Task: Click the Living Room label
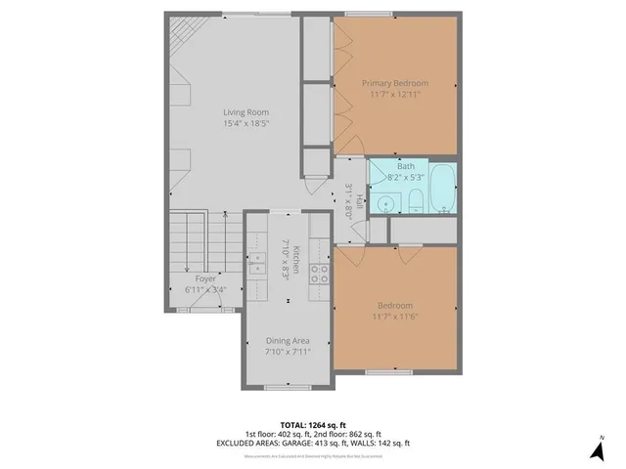(245, 111)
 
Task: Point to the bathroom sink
(387, 202)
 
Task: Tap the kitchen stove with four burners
(320, 273)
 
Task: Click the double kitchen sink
(258, 263)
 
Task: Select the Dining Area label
(288, 340)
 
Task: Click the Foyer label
(205, 278)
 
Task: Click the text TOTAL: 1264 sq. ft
(313, 425)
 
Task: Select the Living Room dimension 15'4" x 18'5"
(245, 123)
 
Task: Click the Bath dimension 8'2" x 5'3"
(407, 178)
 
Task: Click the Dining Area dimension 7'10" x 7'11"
(288, 352)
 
